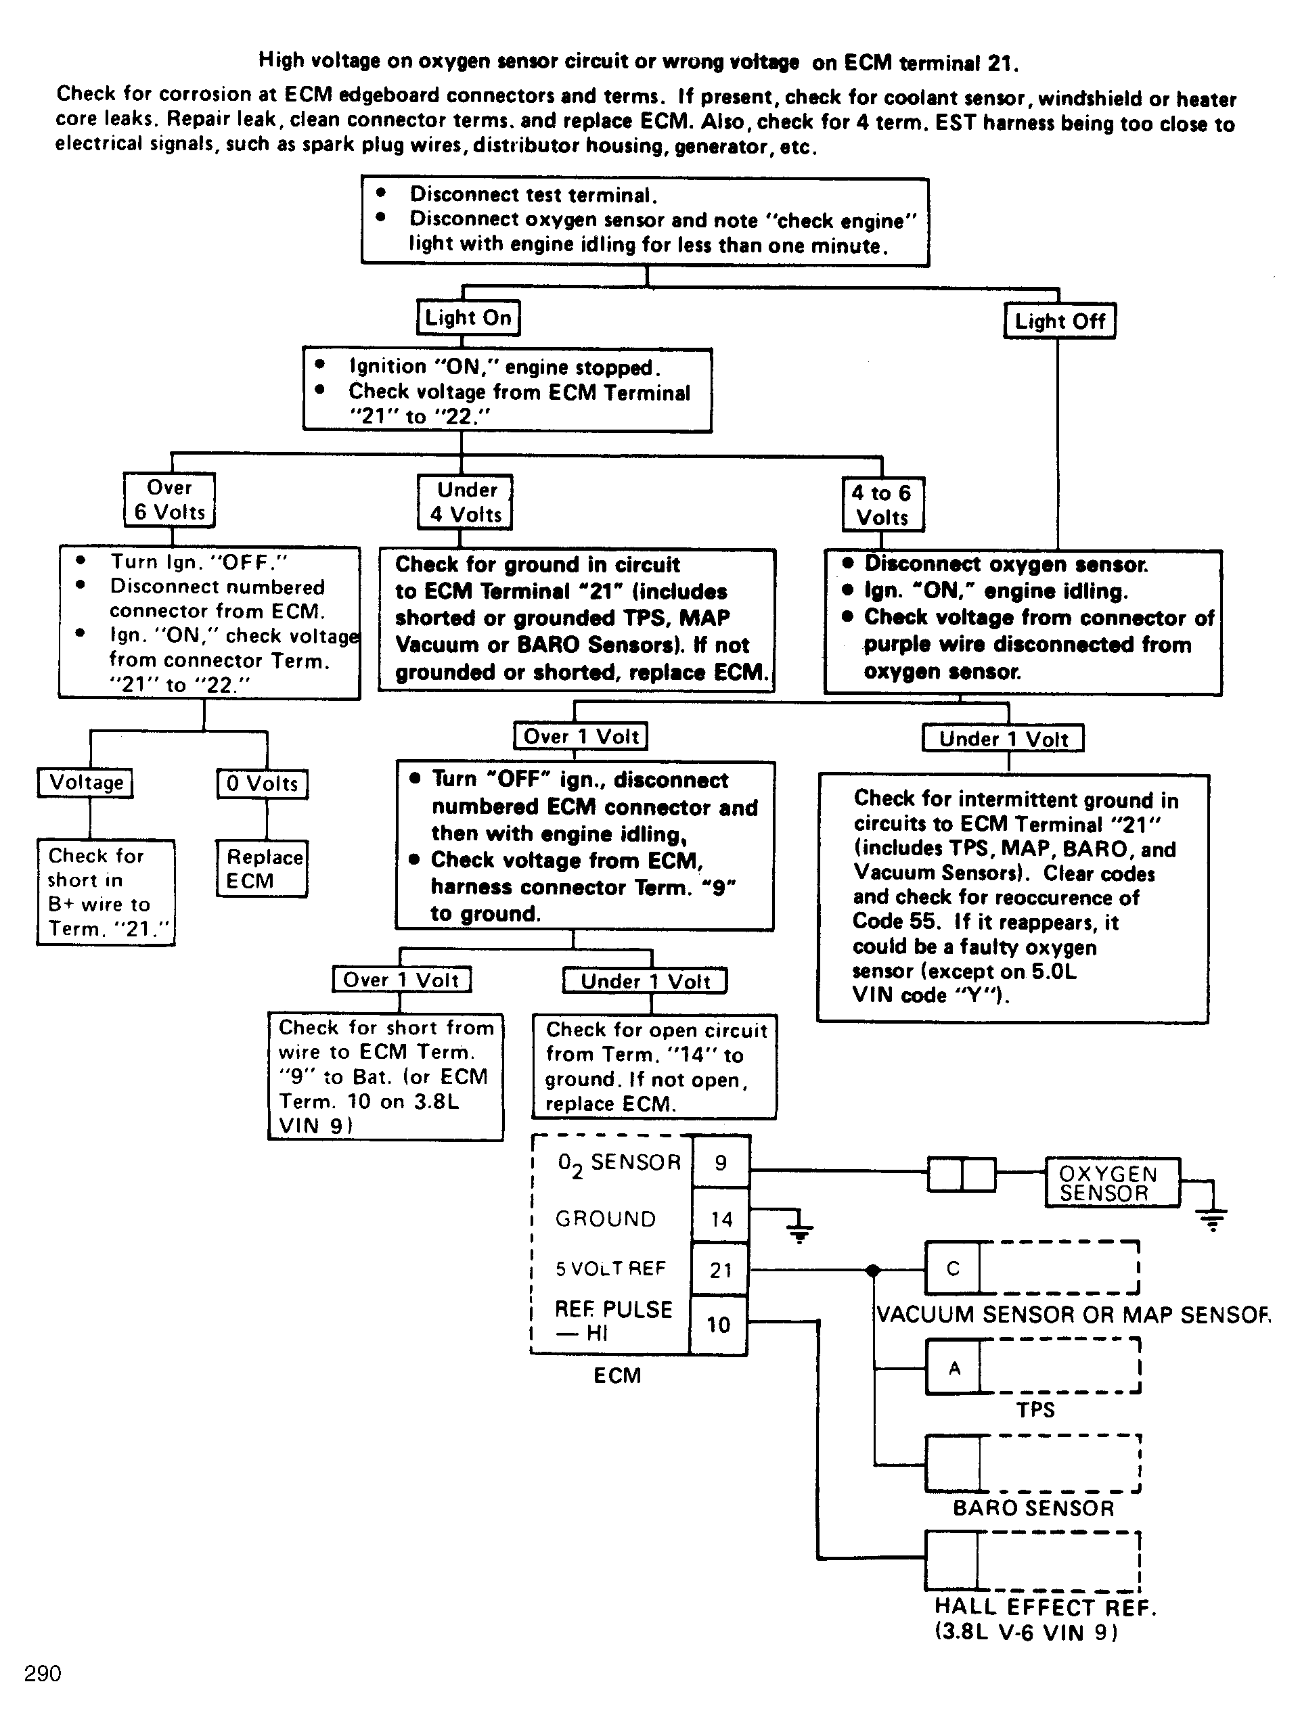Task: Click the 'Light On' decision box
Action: (468, 318)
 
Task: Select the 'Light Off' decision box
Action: (1060, 321)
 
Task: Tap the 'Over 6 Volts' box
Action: (169, 499)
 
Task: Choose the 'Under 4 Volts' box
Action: (464, 502)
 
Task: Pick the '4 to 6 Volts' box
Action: (883, 504)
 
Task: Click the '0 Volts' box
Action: (263, 783)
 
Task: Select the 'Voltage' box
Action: (85, 783)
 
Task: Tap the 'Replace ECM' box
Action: (262, 868)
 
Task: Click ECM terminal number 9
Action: (721, 1163)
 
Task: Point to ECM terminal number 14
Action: (721, 1218)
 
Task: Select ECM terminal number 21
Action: (721, 1270)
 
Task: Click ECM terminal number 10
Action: (719, 1325)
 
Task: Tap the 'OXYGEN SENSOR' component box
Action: (1112, 1183)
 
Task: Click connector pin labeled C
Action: (952, 1269)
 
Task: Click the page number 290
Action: (42, 1673)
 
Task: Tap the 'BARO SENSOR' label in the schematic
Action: (1033, 1508)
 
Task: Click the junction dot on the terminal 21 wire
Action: (873, 1270)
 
